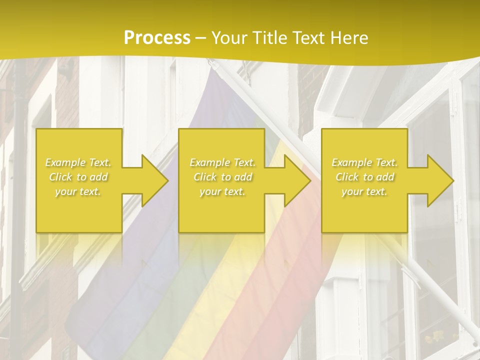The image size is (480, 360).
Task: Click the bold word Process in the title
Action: click(157, 38)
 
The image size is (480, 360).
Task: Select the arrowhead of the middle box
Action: click(297, 180)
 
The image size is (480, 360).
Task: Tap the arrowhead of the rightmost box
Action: click(440, 180)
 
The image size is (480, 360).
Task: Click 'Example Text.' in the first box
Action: click(78, 162)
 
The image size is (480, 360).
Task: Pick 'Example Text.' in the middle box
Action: click(222, 162)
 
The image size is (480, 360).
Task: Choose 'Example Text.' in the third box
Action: click(364, 162)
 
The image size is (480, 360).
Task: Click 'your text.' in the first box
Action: click(78, 191)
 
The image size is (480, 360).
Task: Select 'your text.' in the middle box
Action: click(222, 191)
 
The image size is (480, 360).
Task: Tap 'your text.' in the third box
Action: click(364, 191)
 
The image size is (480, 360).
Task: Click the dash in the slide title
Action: click(200, 38)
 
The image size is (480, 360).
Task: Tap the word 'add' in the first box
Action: click(98, 177)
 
